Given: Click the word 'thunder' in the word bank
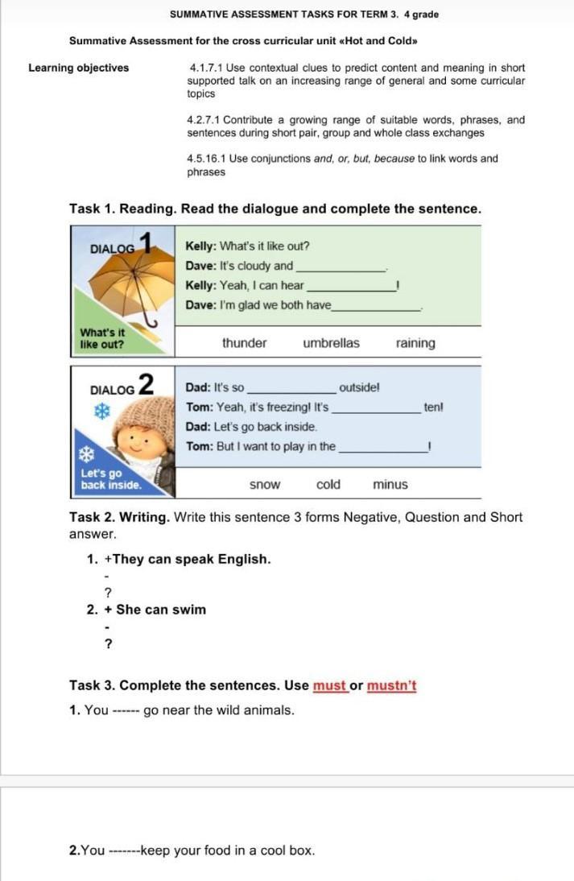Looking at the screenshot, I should (244, 343).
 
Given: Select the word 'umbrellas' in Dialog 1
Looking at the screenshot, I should (331, 343).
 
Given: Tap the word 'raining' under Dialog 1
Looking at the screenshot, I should (415, 343).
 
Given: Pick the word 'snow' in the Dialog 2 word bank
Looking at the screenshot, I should (265, 485).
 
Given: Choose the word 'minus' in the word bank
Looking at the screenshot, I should (390, 485).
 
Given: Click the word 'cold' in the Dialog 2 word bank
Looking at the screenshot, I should (328, 485).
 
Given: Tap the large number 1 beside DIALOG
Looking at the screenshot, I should (146, 242).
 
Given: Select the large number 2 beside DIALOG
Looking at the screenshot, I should (146, 384).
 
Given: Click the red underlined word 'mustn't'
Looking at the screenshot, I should (391, 686).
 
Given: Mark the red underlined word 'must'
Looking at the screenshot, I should (329, 686).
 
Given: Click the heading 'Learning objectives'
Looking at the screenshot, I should (78, 68).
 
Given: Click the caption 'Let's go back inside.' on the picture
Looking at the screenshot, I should (111, 479).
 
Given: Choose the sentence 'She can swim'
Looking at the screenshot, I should (161, 610).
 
